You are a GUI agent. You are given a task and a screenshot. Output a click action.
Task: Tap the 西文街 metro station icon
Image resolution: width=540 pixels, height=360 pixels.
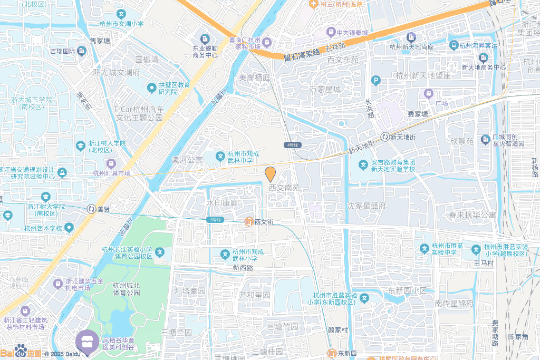pyautogui.click(x=248, y=222)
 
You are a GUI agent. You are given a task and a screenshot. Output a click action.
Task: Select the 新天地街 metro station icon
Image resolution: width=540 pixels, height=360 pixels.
pyautogui.click(x=385, y=137)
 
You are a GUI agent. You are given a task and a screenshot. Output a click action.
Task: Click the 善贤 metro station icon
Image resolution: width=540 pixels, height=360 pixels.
pyautogui.click(x=91, y=209)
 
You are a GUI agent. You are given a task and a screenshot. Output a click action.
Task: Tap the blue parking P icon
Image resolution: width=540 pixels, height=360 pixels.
pyautogui.click(x=375, y=81)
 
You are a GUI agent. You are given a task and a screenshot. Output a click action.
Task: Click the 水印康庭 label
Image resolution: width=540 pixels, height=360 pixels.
pyautogui.click(x=223, y=203)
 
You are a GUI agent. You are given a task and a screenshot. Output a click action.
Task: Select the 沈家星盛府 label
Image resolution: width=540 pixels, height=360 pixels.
pyautogui.click(x=367, y=206)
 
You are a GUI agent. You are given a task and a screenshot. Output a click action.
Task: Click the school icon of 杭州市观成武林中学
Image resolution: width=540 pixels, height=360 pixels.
pyautogui.click(x=220, y=157)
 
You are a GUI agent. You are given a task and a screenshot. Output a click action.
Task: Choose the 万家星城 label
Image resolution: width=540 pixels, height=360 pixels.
pyautogui.click(x=325, y=89)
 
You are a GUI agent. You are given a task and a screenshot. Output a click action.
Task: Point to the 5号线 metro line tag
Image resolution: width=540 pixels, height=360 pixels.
pyautogui.click(x=216, y=219)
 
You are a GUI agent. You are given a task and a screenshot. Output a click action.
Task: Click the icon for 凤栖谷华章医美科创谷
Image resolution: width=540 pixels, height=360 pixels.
pyautogui.click(x=88, y=339)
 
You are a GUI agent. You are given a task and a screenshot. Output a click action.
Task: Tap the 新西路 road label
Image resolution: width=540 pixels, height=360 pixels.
pyautogui.click(x=243, y=268)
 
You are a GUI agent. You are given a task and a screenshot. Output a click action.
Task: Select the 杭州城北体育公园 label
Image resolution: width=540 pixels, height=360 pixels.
pyautogui.click(x=127, y=289)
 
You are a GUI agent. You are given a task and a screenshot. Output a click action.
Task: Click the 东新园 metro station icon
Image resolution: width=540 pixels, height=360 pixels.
pyautogui.click(x=332, y=353)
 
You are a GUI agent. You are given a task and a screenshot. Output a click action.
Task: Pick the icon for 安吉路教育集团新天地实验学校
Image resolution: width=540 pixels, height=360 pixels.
pyautogui.click(x=363, y=165)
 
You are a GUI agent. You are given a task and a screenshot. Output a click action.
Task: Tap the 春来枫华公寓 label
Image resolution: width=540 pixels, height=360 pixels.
pyautogui.click(x=472, y=215)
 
